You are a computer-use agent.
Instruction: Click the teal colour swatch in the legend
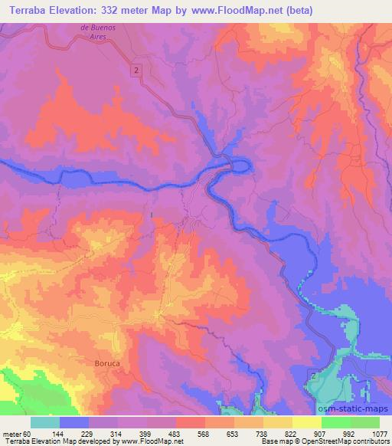click(x=45, y=423)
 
